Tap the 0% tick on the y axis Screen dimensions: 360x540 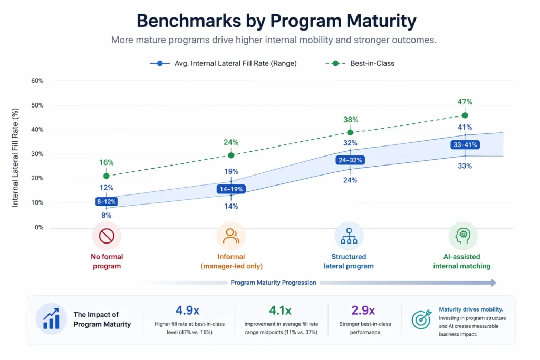click(x=38, y=227)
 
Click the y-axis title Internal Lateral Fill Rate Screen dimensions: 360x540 click(x=15, y=157)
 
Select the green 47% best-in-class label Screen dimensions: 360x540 click(x=465, y=102)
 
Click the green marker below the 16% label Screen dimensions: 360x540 click(x=107, y=176)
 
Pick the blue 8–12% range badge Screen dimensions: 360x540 click(x=107, y=201)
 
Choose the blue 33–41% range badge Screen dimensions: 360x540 click(x=465, y=145)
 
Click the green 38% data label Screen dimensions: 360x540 click(x=351, y=120)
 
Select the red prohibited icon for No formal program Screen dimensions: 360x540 click(x=107, y=236)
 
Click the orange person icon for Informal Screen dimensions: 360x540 click(x=231, y=236)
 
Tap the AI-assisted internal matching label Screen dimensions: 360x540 click(x=462, y=261)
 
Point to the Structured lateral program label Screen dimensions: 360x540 click(x=349, y=261)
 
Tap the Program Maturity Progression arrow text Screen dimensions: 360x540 click(x=273, y=283)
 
